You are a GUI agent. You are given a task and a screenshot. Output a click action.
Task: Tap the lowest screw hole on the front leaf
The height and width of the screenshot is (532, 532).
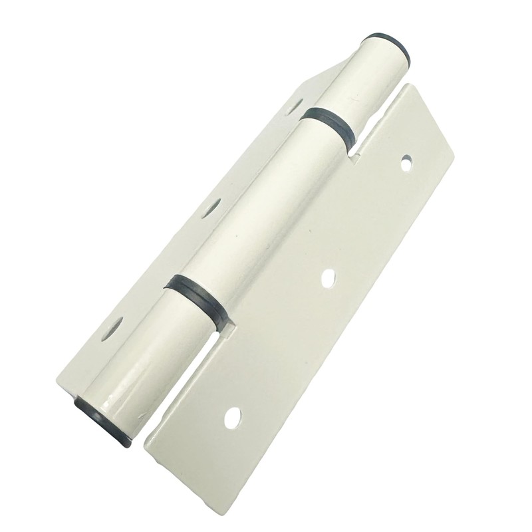point(231,417)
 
